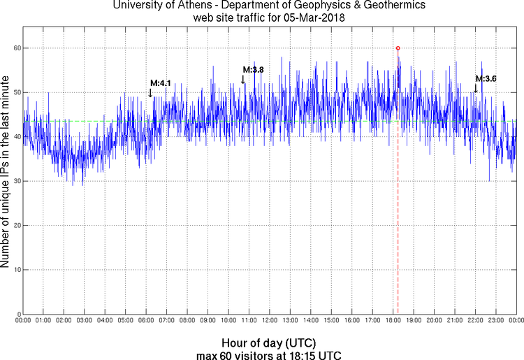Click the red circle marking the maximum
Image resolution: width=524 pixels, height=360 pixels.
coord(398,48)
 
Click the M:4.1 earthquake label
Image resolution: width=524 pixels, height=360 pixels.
coord(161,83)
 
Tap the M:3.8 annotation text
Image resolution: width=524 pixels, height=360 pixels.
coord(253,70)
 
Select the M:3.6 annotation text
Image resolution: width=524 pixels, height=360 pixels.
coord(486,79)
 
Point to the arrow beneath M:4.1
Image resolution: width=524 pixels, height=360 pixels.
coord(150,93)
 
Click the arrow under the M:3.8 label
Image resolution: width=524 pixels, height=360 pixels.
coord(243,80)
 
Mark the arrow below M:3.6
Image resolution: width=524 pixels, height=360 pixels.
coord(476,89)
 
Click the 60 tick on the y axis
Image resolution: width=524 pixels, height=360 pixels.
coord(14,48)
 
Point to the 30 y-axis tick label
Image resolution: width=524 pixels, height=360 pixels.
coord(14,181)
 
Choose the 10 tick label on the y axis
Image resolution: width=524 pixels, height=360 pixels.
coord(14,270)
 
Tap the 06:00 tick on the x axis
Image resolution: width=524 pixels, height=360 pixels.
coord(146,320)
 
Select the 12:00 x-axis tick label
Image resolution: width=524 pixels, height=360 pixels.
coord(269,320)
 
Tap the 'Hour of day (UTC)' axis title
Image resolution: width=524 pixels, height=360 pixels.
coord(269,344)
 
